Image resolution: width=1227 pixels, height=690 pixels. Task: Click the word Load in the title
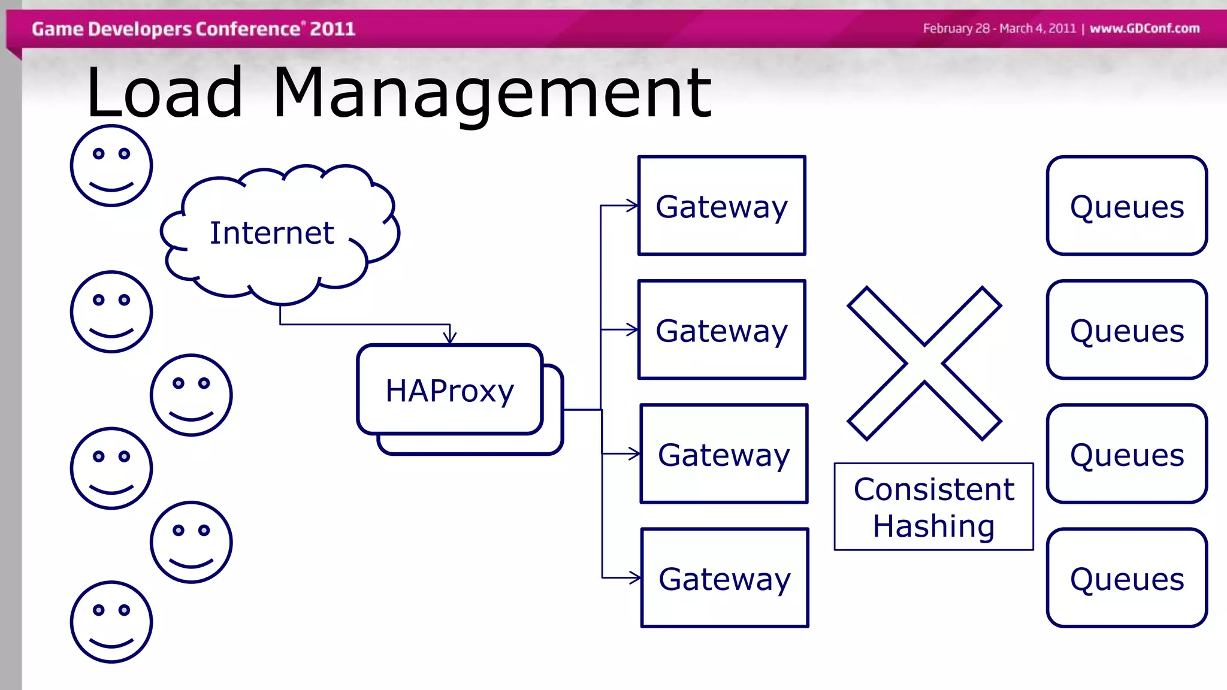(165, 93)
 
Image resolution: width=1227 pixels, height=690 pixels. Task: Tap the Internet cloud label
(271, 233)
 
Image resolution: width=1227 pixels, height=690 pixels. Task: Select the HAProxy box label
(449, 391)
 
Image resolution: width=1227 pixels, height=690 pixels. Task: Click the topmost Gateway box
(721, 206)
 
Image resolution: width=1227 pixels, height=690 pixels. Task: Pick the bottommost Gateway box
(724, 578)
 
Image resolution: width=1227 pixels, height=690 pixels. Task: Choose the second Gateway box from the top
(721, 330)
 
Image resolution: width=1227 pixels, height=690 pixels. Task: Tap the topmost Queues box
(1126, 206)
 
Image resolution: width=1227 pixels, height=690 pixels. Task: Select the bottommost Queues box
(1126, 578)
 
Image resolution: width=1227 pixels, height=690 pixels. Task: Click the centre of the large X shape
(924, 364)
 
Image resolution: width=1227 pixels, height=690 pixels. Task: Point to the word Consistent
(933, 489)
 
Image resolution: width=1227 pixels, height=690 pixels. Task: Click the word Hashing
(933, 526)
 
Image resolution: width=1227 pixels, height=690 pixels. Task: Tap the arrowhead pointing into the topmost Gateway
(633, 206)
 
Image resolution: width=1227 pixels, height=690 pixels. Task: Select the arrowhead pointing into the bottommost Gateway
(635, 578)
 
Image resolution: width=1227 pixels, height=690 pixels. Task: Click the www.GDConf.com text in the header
(1144, 28)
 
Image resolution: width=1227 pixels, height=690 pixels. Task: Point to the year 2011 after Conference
(333, 29)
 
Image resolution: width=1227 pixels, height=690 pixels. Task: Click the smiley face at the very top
(111, 166)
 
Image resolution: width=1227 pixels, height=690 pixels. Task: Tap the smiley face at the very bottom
(111, 622)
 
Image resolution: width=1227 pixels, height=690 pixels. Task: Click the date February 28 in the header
(956, 28)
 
